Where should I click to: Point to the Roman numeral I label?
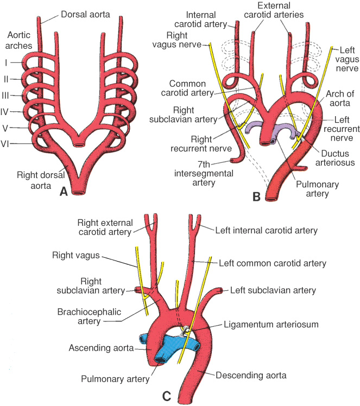point(6,63)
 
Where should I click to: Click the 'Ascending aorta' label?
point(102,347)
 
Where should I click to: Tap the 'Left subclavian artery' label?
point(273,290)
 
